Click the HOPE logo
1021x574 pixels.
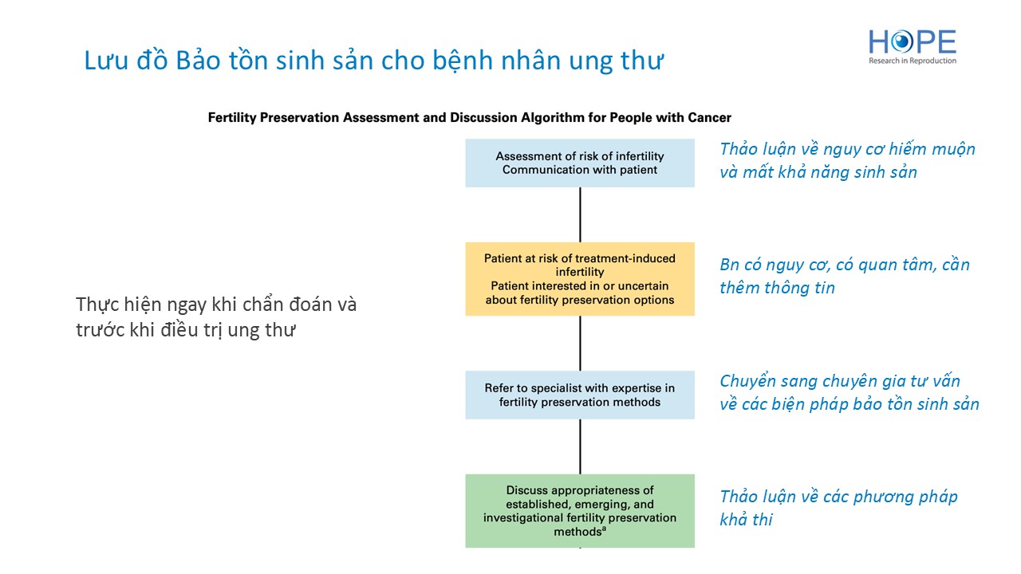coord(912,42)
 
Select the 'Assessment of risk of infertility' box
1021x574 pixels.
coord(580,163)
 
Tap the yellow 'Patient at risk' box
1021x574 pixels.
coord(580,279)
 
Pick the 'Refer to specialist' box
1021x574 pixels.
coord(580,395)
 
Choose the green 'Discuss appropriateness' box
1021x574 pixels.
coord(580,510)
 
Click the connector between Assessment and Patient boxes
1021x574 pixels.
coord(580,214)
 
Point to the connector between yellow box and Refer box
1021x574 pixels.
coord(580,343)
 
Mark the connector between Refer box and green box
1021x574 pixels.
coord(580,446)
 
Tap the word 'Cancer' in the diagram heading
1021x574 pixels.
coord(709,118)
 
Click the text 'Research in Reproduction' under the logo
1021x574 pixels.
coord(913,61)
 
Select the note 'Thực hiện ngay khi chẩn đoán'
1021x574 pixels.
coord(216,305)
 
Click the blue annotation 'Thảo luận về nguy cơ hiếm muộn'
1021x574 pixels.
coord(847,149)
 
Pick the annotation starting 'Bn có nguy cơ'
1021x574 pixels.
coord(844,265)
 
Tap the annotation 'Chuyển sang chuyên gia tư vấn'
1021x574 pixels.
coord(840,381)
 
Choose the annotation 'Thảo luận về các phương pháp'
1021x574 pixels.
coord(838,497)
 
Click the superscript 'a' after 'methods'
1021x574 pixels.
coord(605,529)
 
